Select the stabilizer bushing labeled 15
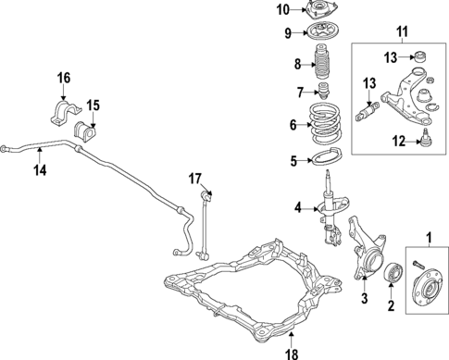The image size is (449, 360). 91,129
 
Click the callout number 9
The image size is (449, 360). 287,34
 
